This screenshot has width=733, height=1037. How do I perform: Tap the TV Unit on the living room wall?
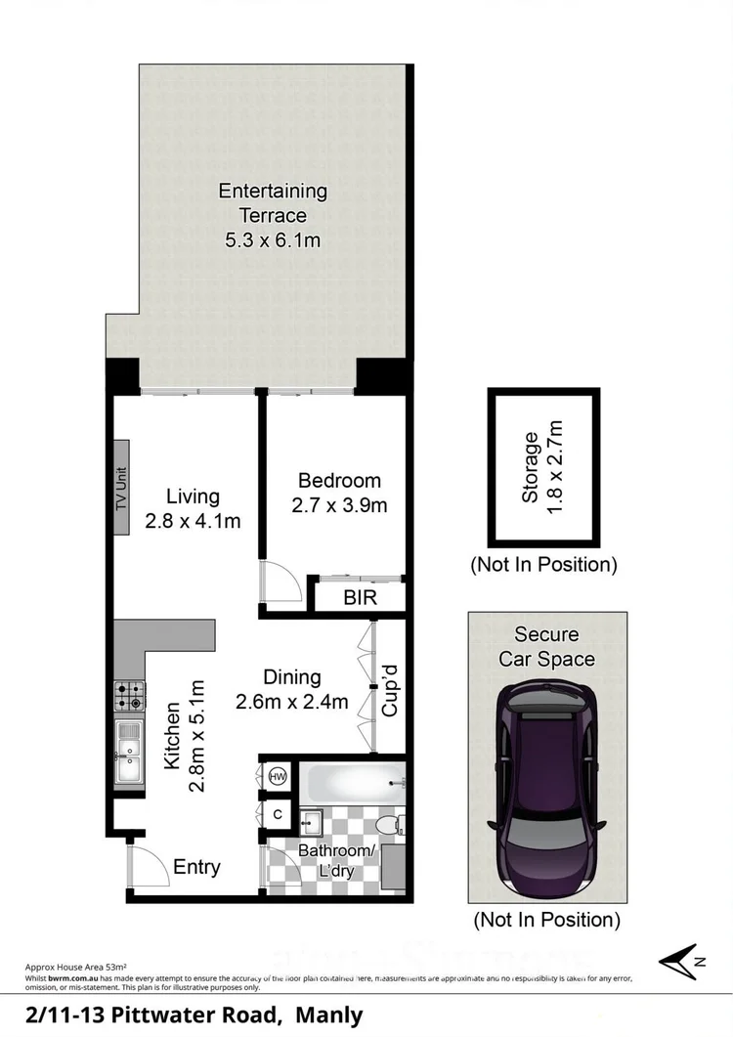click(122, 488)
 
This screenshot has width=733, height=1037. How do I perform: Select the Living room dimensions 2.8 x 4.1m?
click(192, 521)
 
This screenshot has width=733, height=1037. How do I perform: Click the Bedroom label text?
click(339, 481)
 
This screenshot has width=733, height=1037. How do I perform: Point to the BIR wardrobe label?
click(359, 598)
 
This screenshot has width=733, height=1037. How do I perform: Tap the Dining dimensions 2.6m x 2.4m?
click(292, 701)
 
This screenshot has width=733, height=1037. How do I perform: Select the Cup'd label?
click(389, 690)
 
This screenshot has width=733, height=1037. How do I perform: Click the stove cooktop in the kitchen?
click(129, 695)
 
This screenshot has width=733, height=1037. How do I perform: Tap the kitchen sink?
click(129, 752)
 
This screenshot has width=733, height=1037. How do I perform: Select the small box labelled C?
click(278, 813)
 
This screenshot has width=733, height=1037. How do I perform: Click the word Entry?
click(196, 867)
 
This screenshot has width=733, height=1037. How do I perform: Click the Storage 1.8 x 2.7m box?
click(544, 467)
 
